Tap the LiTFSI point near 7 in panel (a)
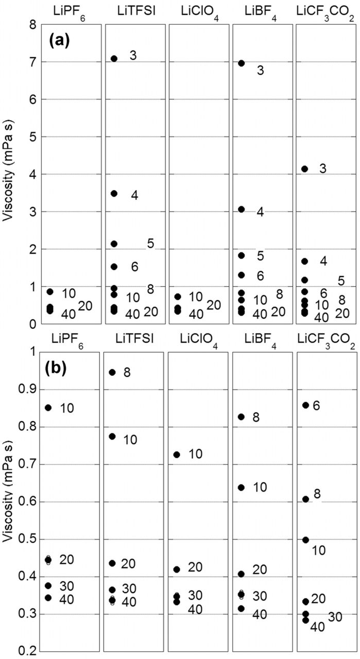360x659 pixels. pos(114,58)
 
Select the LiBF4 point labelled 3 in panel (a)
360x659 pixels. pos(241,63)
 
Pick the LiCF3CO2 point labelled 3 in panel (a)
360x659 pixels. pos(304,169)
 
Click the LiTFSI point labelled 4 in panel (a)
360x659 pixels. pos(114,194)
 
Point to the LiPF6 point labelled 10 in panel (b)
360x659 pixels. pos(48,407)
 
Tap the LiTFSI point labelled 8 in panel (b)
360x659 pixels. pos(112,372)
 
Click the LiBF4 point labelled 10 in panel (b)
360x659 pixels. pos(241,487)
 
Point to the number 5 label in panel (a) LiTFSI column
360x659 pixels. pos(150,243)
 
